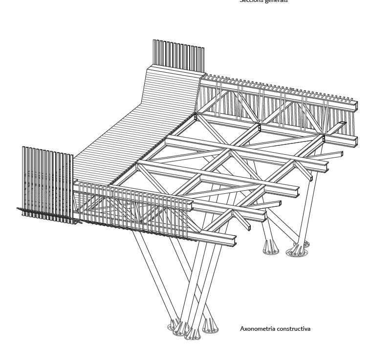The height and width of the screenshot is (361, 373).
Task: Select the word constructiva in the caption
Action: click(292, 329)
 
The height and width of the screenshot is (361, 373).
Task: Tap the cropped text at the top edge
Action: click(263, 1)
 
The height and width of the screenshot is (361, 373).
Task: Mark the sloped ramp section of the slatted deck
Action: click(174, 93)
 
